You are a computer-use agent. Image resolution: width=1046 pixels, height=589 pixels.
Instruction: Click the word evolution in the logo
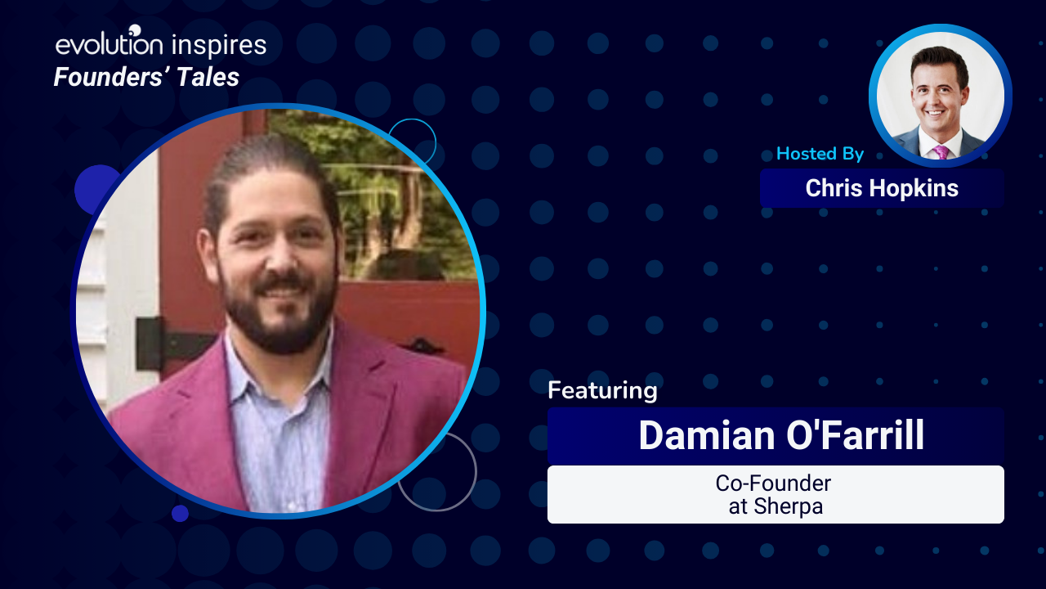tap(110, 45)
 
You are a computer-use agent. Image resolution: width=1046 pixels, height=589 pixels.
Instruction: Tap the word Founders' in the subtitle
tap(112, 77)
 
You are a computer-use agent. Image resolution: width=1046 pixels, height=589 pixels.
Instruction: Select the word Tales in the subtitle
tap(208, 77)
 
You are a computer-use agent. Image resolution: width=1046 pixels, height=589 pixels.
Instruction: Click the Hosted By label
tap(820, 153)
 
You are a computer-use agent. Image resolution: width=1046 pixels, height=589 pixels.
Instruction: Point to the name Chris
tap(834, 188)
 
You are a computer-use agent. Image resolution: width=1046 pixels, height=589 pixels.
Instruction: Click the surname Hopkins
tap(914, 189)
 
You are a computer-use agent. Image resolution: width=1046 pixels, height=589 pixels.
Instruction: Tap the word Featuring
tap(602, 390)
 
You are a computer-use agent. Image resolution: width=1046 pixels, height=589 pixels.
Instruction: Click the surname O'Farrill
tap(856, 434)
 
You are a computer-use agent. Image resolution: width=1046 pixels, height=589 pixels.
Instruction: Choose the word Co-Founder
tap(773, 483)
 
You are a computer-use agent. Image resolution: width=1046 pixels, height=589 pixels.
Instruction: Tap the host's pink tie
tap(941, 152)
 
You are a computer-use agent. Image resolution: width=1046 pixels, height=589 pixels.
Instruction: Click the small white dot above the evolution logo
tap(135, 30)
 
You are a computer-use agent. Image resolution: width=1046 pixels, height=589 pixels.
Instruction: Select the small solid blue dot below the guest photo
tap(180, 513)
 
